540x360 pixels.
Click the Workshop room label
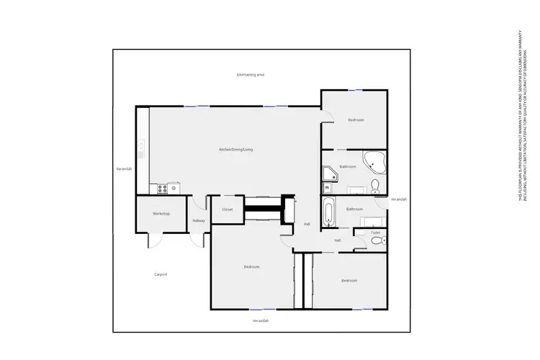tap(161, 214)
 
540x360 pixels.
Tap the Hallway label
tap(199, 220)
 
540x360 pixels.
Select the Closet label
tap(228, 210)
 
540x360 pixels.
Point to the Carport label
tap(161, 274)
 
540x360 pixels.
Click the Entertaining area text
tap(251, 75)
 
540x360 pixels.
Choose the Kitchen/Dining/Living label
tap(236, 149)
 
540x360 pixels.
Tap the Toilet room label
tap(375, 233)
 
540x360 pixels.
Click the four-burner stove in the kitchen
tap(161, 189)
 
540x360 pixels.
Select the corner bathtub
tap(375, 162)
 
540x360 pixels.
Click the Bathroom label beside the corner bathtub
tap(348, 166)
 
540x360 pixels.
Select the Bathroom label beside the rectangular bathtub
tap(354, 209)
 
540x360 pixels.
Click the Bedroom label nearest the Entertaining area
tap(356, 120)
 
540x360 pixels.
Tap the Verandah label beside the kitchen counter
tap(125, 168)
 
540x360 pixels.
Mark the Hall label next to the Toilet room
tap(337, 240)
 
